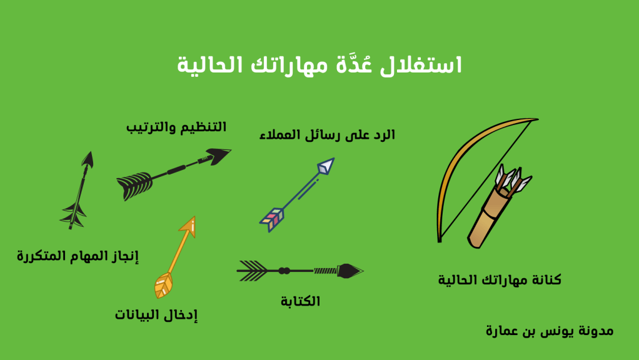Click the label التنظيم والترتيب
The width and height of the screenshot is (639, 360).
click(177, 127)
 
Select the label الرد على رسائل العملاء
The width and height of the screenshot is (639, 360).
click(327, 134)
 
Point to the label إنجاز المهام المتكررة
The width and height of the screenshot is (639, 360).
click(78, 256)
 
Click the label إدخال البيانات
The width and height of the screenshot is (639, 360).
click(156, 315)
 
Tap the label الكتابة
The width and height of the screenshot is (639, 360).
click(300, 301)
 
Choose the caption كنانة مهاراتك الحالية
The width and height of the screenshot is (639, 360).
click(500, 280)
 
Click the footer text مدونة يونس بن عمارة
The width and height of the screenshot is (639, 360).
click(549, 331)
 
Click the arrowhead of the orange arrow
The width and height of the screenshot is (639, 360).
click(190, 226)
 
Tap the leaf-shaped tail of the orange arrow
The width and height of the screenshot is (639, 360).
click(164, 285)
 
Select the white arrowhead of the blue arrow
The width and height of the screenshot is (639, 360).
click(326, 166)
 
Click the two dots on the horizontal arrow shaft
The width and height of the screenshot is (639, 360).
click(284, 271)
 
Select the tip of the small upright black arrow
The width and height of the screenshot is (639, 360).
click(89, 160)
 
